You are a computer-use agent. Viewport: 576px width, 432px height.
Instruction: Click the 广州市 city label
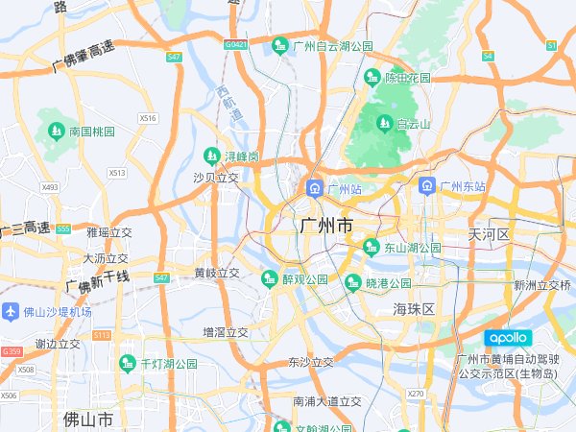[325, 225]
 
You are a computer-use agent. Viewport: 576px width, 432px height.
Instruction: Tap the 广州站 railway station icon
[314, 188]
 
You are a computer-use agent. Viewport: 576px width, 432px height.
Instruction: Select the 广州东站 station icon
[426, 186]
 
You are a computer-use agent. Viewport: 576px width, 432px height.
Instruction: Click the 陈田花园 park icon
[372, 76]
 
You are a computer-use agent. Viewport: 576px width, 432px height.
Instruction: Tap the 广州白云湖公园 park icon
[280, 44]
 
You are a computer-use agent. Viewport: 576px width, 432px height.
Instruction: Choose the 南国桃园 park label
[91, 131]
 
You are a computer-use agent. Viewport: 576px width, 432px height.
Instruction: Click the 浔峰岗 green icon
[211, 155]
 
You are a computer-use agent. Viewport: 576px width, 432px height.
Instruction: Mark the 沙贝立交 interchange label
[216, 177]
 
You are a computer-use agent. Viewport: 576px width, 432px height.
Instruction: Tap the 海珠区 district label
[414, 308]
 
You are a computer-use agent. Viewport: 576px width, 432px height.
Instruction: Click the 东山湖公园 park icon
[372, 247]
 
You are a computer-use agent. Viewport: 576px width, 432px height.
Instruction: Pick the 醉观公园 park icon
[269, 278]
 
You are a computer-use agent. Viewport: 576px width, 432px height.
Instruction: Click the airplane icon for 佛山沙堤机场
[11, 311]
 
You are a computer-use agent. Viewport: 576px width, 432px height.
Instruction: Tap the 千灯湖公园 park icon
[127, 363]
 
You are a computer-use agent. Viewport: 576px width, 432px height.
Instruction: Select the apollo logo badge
[506, 337]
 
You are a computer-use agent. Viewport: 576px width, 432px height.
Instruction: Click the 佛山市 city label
[87, 420]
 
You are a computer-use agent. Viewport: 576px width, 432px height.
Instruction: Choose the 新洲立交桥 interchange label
[542, 285]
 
